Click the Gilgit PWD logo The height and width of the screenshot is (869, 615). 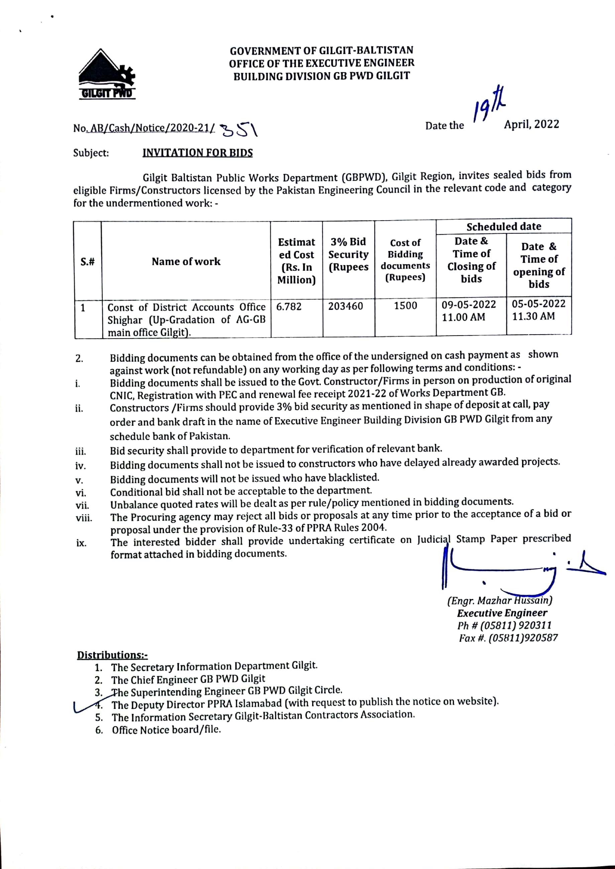click(106, 75)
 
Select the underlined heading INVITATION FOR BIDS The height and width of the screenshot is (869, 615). click(197, 153)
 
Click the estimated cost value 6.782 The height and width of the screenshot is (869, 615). click(288, 307)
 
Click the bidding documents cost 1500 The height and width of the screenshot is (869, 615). click(405, 305)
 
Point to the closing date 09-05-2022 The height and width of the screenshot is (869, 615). click(469, 305)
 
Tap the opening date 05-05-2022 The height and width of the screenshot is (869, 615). click(538, 304)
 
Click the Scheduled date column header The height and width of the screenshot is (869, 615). click(503, 226)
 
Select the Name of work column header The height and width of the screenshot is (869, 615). click(186, 262)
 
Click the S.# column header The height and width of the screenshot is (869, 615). click(88, 262)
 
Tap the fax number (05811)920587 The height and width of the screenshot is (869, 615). click(523, 638)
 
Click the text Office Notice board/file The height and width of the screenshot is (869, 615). click(166, 730)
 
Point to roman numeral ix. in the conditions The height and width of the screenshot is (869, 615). click(81, 543)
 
